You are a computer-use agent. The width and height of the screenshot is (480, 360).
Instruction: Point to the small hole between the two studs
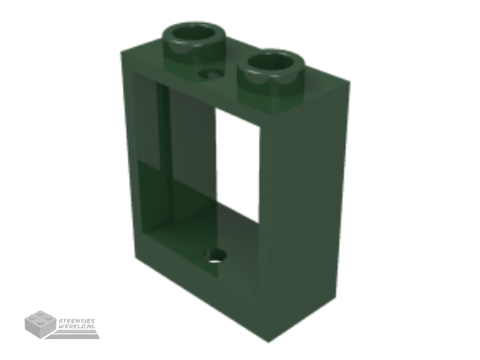click(211, 74)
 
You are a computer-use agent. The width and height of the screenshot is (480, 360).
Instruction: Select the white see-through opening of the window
click(238, 165)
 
